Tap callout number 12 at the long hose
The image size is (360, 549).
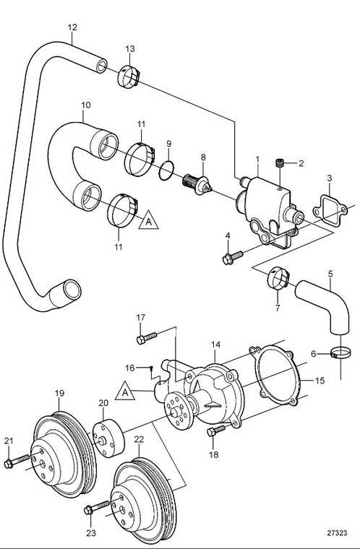click(72, 28)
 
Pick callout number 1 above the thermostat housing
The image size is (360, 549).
click(256, 157)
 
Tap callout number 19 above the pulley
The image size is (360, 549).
click(60, 393)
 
